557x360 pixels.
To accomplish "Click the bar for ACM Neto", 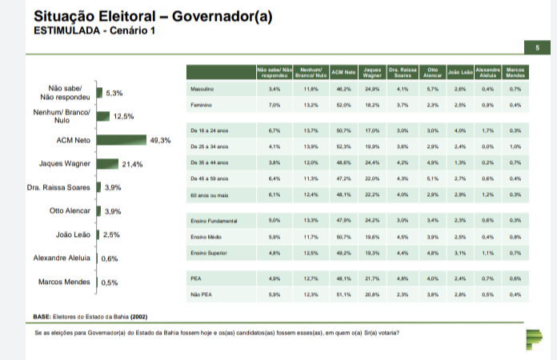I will click(x=120, y=140).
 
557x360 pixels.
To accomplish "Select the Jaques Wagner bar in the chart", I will click(x=108, y=164).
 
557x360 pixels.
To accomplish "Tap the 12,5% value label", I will click(x=123, y=117).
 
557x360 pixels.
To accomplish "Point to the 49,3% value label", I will click(x=161, y=141).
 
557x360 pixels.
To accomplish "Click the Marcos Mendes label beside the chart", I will click(x=63, y=282).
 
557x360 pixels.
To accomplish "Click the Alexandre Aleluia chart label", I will click(x=59, y=258).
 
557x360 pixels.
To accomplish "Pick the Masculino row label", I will click(x=200, y=88).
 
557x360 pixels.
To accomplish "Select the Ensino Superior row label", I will click(x=206, y=253).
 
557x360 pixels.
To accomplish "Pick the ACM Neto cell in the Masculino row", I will click(x=343, y=88).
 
